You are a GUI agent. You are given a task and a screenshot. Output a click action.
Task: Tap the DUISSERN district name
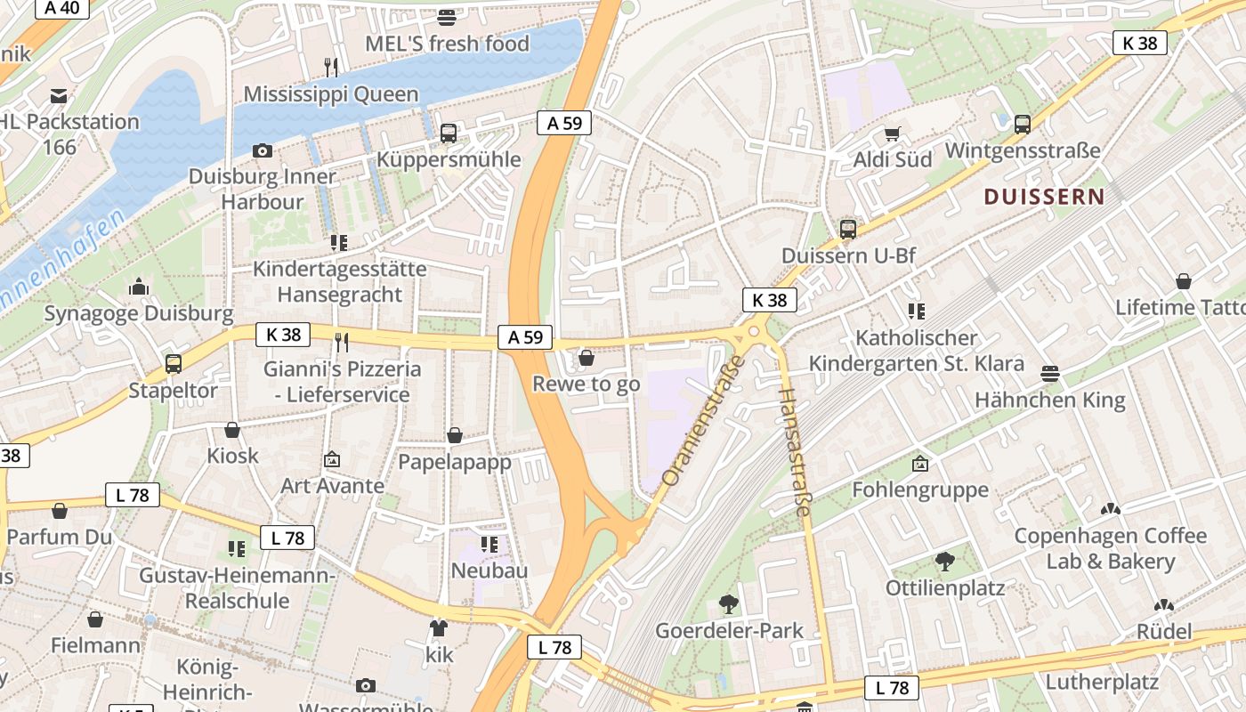coord(1044,197)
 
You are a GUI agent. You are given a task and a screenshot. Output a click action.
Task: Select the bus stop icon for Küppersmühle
coord(449,133)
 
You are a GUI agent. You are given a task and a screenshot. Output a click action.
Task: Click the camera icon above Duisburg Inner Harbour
coord(262,150)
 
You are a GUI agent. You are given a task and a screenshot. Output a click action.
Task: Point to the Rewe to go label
coord(586,384)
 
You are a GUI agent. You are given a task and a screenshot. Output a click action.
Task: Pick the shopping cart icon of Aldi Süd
coord(892,134)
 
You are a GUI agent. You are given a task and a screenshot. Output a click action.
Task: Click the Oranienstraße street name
coord(702,421)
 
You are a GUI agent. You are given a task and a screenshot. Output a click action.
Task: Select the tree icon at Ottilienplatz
coord(944,562)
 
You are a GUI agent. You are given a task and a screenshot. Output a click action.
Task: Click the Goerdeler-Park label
coord(729,630)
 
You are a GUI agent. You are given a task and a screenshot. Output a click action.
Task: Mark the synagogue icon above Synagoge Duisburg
coord(138,287)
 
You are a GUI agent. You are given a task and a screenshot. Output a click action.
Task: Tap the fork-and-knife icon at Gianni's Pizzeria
coord(341,342)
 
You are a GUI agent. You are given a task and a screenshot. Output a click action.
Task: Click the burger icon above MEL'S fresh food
coord(447,17)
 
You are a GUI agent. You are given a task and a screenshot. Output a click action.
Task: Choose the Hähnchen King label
coord(1049,400)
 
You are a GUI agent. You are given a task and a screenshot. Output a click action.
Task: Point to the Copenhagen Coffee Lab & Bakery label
coord(1110,548)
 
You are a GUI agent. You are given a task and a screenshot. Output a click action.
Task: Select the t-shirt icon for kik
coord(438,628)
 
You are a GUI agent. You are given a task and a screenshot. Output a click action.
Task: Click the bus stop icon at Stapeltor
coord(174,364)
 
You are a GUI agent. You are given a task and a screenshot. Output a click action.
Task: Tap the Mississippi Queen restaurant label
coord(330,93)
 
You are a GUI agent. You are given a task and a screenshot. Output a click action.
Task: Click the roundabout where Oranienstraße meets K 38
coord(753,332)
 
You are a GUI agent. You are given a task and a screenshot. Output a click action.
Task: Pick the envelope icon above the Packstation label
coord(59,95)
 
